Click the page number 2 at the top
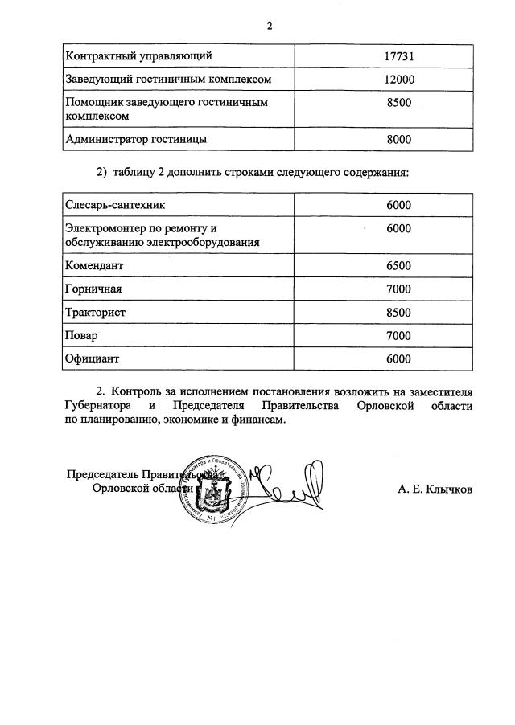(x=270, y=26)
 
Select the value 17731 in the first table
(x=398, y=56)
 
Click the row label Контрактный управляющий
(x=138, y=56)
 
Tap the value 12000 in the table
(x=398, y=80)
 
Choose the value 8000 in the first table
(x=398, y=139)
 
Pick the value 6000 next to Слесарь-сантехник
(x=398, y=205)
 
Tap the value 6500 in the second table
(x=398, y=266)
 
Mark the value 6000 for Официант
(x=398, y=359)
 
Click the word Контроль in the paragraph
(x=138, y=391)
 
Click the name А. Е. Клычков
(x=435, y=489)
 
